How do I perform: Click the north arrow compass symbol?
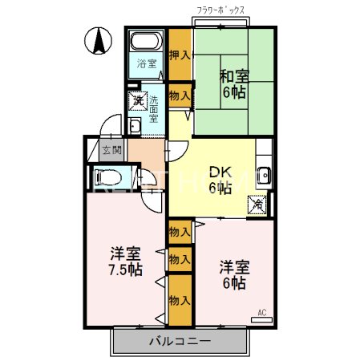98,39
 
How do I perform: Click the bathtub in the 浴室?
145,42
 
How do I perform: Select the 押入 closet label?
180,55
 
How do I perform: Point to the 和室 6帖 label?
235,83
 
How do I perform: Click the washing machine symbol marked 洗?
138,101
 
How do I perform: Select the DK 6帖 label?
220,179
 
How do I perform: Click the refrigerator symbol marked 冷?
258,204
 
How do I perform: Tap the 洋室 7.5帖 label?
127,262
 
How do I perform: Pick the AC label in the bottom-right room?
261,311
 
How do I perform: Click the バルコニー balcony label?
180,341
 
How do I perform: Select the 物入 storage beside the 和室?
180,95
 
